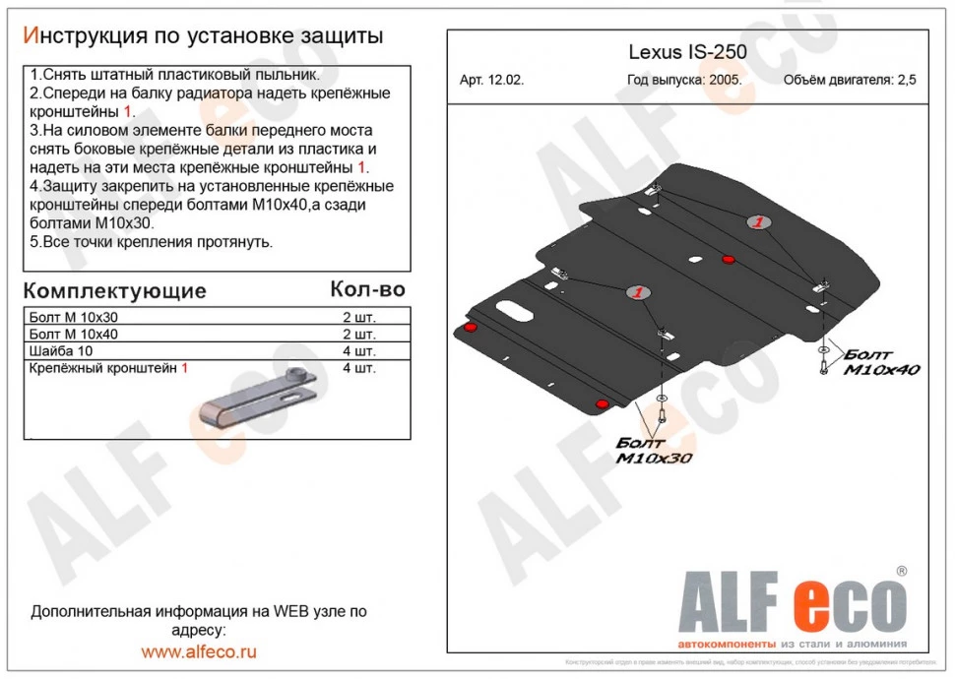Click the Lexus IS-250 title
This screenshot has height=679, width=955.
click(x=687, y=52)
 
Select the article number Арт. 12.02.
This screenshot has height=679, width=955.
click(x=491, y=81)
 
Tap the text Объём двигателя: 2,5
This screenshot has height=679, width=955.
click(x=849, y=81)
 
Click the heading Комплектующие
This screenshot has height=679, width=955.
click(x=114, y=290)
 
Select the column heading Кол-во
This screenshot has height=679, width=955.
click(x=366, y=289)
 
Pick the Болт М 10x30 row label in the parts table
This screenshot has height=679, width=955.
click(x=74, y=318)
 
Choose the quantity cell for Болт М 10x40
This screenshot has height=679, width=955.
click(x=358, y=335)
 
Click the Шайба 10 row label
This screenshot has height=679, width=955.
click(x=62, y=351)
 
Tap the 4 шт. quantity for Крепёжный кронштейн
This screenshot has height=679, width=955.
click(x=358, y=368)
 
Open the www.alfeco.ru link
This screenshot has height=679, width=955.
click(x=199, y=651)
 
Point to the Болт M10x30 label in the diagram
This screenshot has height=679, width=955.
click(x=655, y=451)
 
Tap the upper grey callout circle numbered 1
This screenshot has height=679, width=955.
click(x=757, y=223)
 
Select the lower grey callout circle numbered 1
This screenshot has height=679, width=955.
click(x=637, y=292)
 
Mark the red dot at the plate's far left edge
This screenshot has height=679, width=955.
click(x=470, y=327)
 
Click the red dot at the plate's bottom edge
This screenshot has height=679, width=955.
click(x=601, y=402)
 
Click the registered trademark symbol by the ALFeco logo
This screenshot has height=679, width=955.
click(x=901, y=571)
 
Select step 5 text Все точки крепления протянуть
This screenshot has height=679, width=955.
click(x=152, y=242)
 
